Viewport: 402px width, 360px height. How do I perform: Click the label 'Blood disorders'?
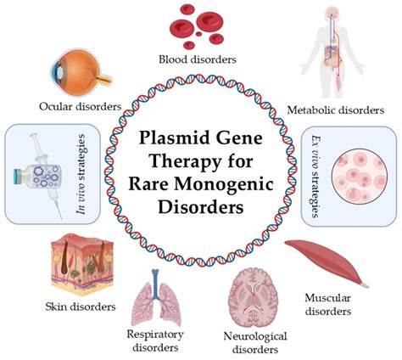(x=198, y=59)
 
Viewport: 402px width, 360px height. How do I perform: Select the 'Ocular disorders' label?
(x=81, y=106)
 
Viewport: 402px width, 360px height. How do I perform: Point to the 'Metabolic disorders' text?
(x=336, y=110)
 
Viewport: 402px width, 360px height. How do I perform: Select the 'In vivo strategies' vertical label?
(x=81, y=174)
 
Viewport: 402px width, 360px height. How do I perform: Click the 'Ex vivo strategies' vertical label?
(x=316, y=177)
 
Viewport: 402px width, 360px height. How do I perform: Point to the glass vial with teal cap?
(x=37, y=177)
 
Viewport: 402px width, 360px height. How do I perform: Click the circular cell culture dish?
(x=360, y=177)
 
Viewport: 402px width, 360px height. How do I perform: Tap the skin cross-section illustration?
(x=82, y=265)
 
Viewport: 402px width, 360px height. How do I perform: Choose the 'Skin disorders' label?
(x=81, y=307)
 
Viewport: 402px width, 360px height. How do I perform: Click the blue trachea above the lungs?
(x=155, y=284)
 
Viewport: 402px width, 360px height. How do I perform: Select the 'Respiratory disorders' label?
(x=155, y=340)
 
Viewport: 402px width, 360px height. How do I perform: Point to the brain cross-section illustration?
(x=254, y=298)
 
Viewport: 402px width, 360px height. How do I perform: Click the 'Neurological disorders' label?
(x=255, y=343)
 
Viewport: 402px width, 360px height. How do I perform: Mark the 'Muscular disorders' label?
(x=328, y=305)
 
